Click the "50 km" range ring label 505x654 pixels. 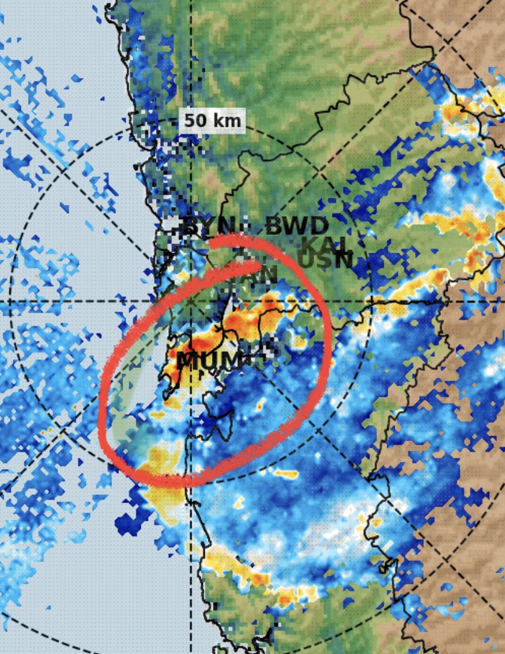click(212, 120)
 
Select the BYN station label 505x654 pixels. click(199, 226)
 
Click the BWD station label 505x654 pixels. click(297, 227)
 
